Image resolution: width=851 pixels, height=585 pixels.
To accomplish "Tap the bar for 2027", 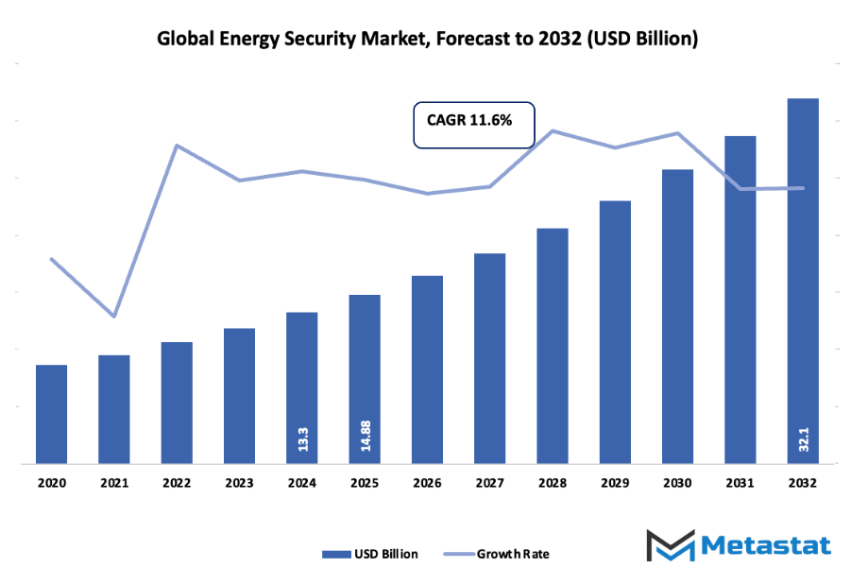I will coord(489,358).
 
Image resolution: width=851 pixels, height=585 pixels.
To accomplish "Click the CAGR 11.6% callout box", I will coord(474,125).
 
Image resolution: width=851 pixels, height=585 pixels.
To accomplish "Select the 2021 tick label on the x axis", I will coord(113,483).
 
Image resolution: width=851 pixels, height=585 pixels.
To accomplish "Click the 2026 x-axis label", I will coord(427,483).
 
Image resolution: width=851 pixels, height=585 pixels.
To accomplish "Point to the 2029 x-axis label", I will coord(615,483).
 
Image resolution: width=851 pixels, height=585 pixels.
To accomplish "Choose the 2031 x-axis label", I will coord(740,483).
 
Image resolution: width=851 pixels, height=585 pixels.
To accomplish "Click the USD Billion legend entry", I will coord(369,554).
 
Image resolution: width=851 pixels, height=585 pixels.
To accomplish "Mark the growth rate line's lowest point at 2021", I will coord(114,317).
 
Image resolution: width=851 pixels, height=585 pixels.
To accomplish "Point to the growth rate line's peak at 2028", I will coord(553,130).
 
